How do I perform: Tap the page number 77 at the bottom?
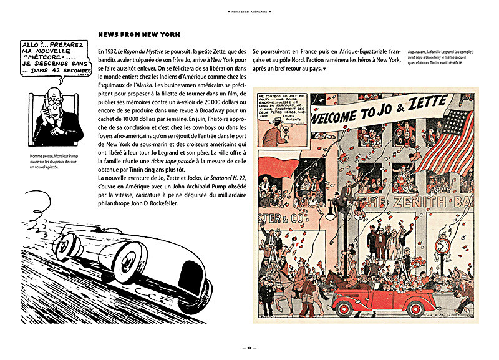[x=248, y=346]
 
